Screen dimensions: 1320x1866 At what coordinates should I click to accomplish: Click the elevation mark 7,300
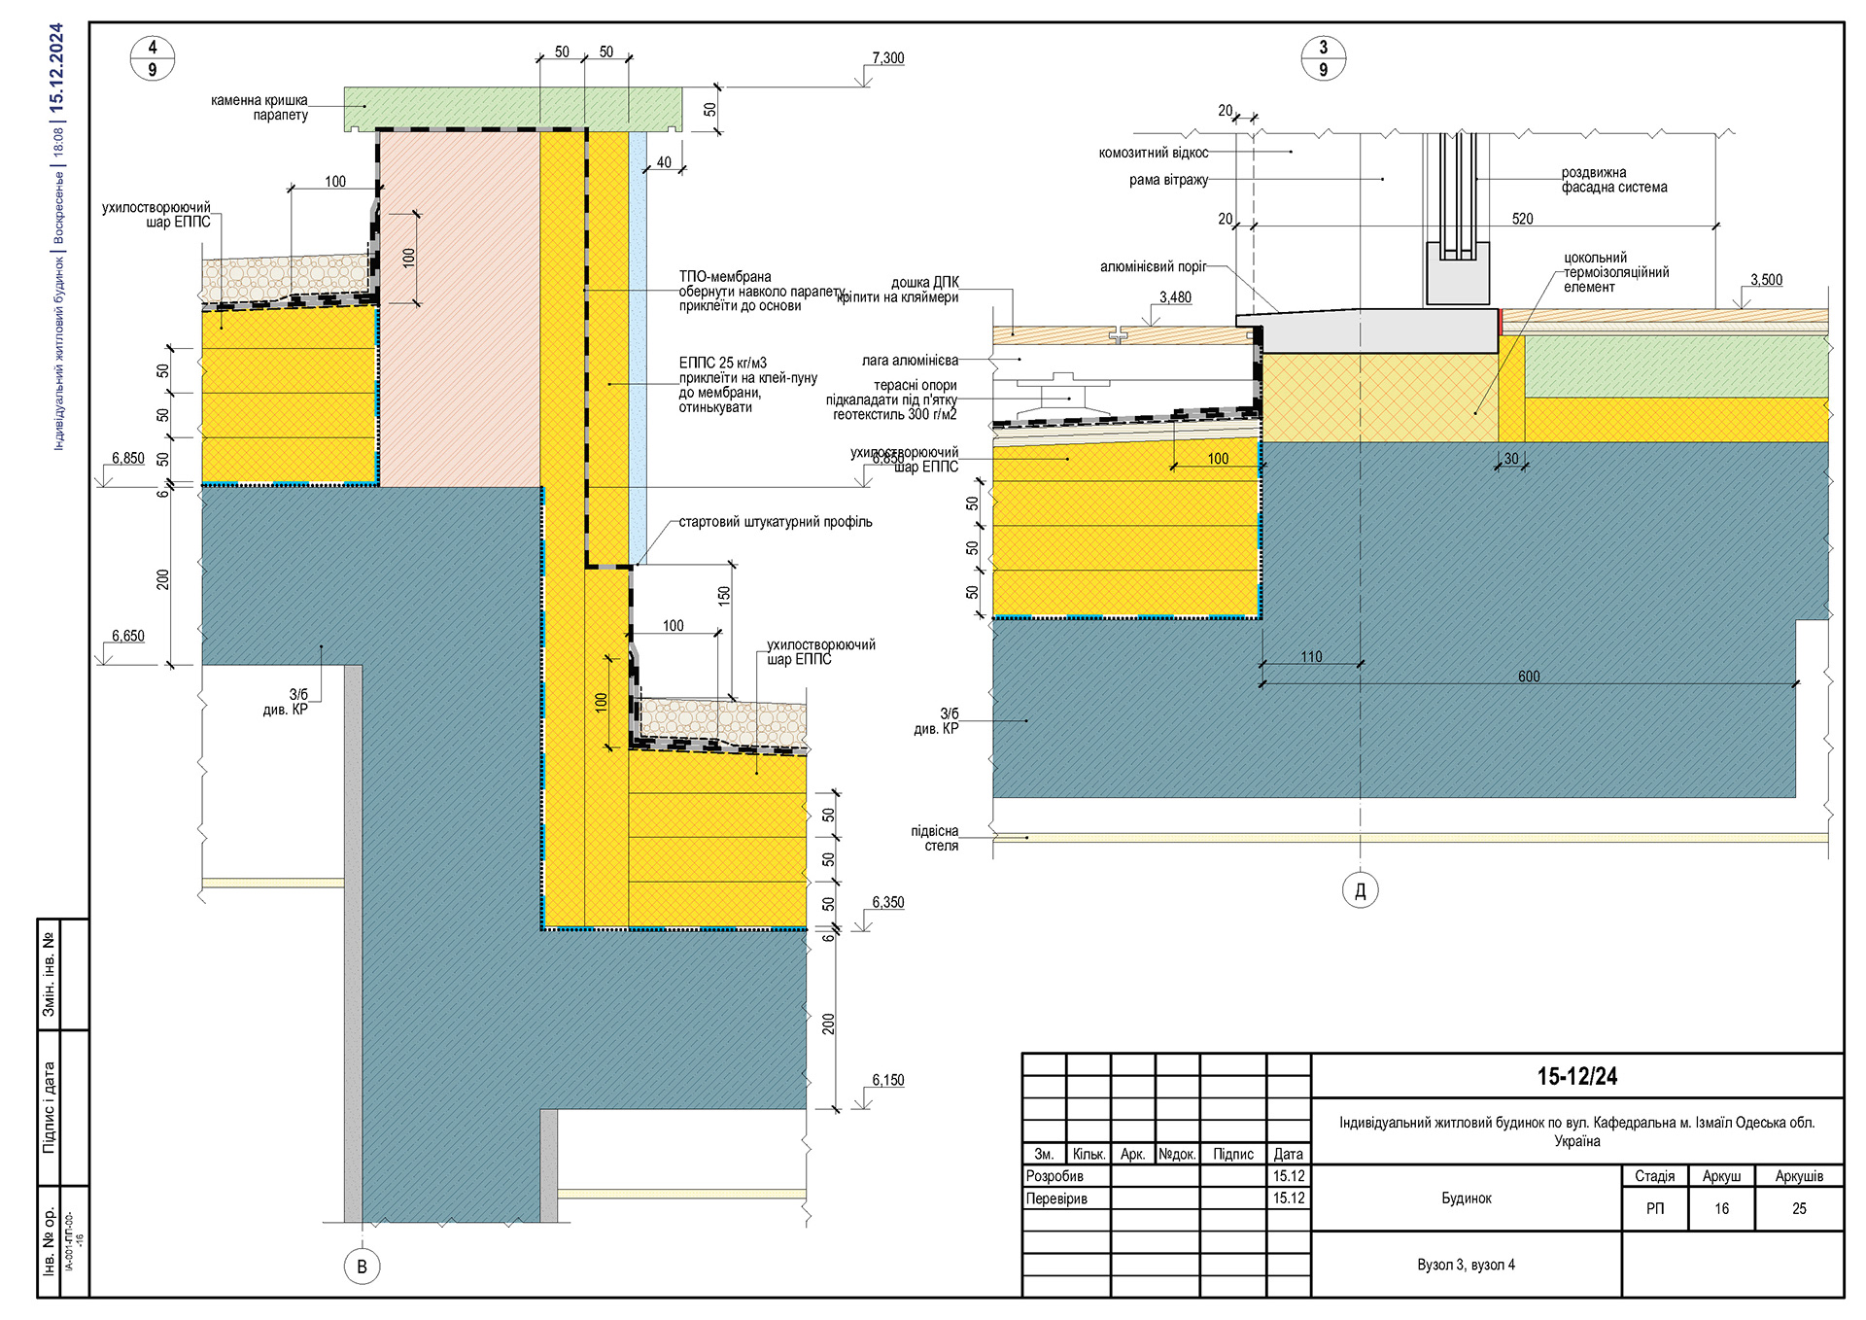coord(887,58)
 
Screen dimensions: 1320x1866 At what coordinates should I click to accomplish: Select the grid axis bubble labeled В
coord(362,1267)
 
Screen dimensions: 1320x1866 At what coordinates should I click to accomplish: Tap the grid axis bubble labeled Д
coord(1360,890)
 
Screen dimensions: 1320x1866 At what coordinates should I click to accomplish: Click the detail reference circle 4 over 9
coord(153,58)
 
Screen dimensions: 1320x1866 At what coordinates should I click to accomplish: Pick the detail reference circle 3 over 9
coord(1323,58)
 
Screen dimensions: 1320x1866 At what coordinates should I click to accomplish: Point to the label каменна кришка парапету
coord(259,107)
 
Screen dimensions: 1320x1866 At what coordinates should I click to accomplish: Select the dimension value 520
coord(1522,219)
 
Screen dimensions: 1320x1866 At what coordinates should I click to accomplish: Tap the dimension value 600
coord(1528,677)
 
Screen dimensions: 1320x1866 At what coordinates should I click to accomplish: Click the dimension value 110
coord(1311,657)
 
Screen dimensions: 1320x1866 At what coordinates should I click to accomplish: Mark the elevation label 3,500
coord(1766,280)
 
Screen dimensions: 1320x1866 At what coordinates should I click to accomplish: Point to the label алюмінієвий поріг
coord(1153,266)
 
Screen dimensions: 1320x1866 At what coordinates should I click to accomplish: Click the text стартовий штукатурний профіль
coord(775,522)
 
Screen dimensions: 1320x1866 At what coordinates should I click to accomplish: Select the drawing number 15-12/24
coord(1576,1076)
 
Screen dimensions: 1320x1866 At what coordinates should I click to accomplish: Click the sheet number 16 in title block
coord(1721,1208)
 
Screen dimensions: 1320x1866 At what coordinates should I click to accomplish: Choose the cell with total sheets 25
coord(1799,1208)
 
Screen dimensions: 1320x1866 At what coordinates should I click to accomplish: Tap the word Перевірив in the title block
coord(1056,1198)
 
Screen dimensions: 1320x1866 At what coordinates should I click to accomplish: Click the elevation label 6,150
coord(887,1080)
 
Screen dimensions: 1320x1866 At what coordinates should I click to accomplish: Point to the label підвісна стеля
coord(934,838)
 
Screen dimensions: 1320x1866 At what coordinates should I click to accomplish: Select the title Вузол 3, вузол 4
coord(1466,1265)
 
